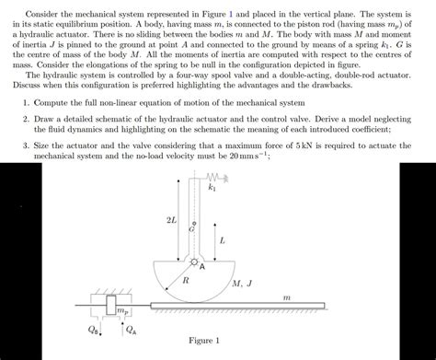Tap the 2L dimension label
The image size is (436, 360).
point(170,222)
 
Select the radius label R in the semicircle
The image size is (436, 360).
point(186,277)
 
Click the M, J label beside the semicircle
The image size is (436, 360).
point(243,285)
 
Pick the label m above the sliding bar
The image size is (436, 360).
point(286,297)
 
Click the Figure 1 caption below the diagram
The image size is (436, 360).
point(203,343)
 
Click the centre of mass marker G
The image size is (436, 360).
point(190,226)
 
